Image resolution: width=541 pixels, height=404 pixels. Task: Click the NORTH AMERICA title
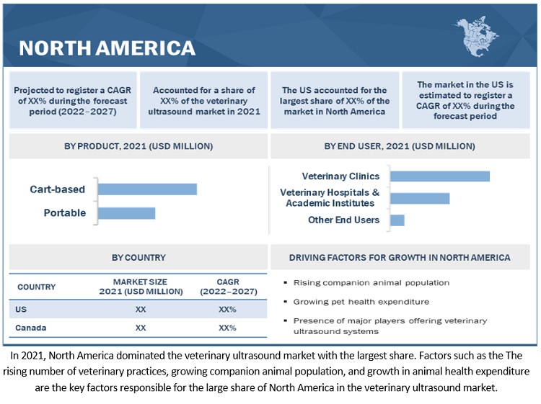pyautogui.click(x=107, y=48)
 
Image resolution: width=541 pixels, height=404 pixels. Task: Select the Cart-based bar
pyautogui.click(x=147, y=189)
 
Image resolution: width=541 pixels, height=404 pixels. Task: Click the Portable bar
pyautogui.click(x=126, y=213)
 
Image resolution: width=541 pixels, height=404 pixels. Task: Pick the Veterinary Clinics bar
pyautogui.click(x=439, y=176)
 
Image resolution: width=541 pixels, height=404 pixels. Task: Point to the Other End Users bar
pyautogui.click(x=397, y=220)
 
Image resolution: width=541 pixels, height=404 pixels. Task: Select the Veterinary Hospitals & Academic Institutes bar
pyautogui.click(x=419, y=198)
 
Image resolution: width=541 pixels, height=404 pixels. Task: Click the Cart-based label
pyautogui.click(x=57, y=189)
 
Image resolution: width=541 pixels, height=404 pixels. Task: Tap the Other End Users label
pyautogui.click(x=343, y=220)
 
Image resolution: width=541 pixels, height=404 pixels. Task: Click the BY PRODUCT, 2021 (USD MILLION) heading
pyautogui.click(x=138, y=146)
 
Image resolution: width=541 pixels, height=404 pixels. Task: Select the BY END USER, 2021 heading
pyautogui.click(x=400, y=146)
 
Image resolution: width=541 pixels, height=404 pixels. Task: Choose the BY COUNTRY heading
pyautogui.click(x=138, y=257)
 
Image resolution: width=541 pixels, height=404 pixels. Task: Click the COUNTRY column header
pyautogui.click(x=36, y=287)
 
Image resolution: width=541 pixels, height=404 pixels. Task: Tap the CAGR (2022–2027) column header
pyautogui.click(x=227, y=286)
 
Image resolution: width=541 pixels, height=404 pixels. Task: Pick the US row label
pyautogui.click(x=22, y=309)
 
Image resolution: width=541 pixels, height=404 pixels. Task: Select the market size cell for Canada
pyautogui.click(x=141, y=328)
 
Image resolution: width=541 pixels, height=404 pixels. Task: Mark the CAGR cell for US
pyautogui.click(x=227, y=309)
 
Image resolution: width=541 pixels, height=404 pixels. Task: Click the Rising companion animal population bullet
pyautogui.click(x=371, y=282)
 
